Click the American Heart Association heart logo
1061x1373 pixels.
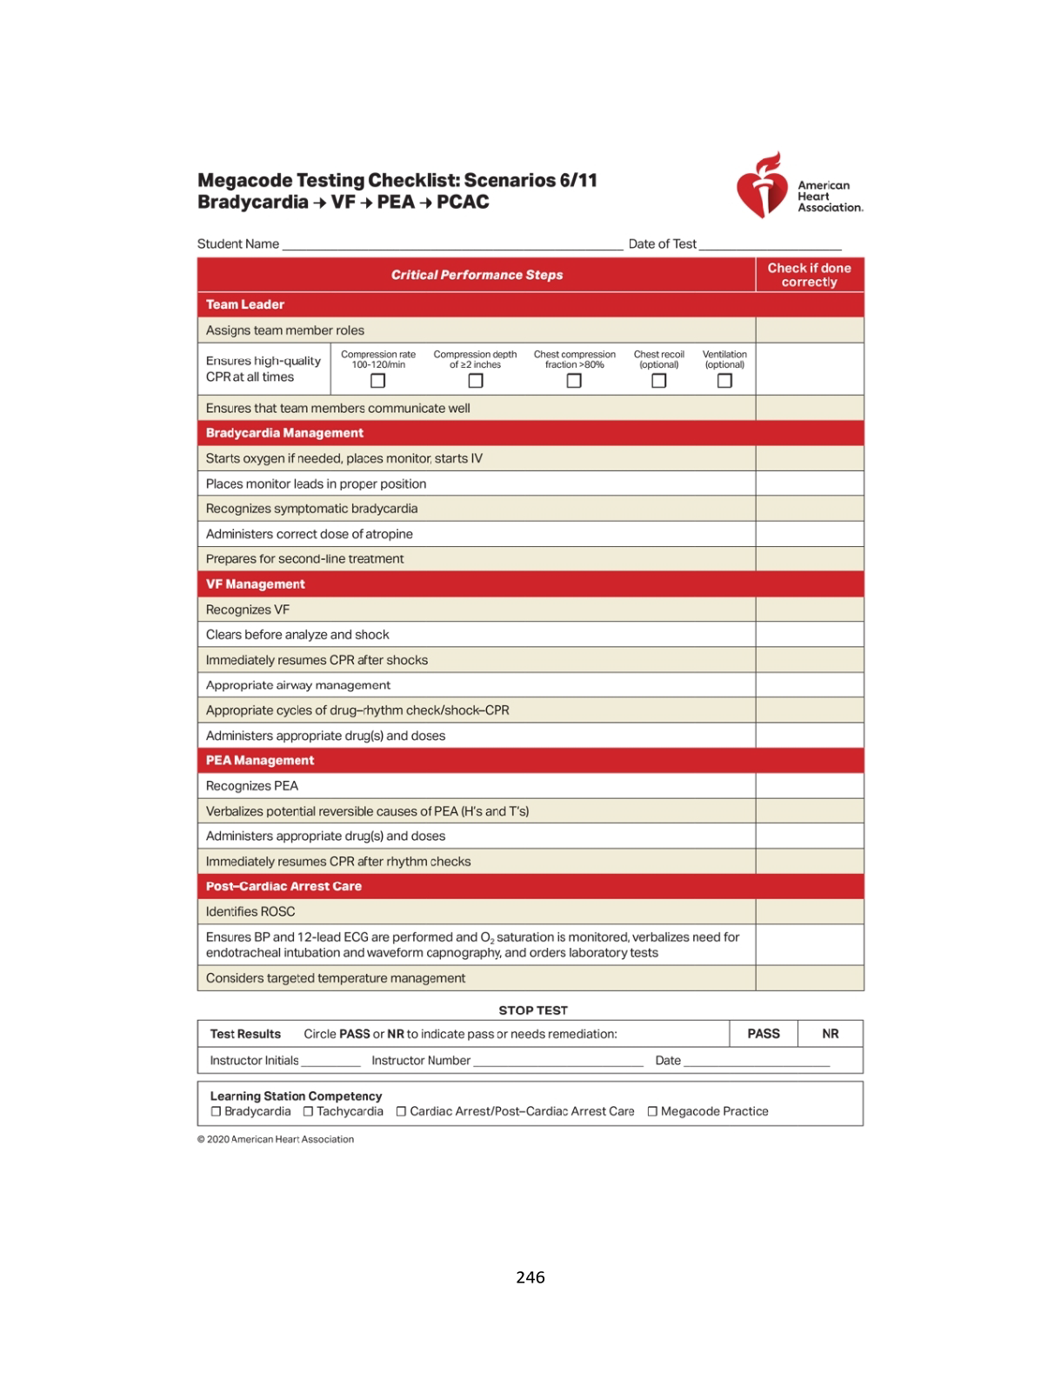[762, 186]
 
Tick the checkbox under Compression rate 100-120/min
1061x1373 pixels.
[377, 381]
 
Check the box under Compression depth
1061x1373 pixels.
[475, 381]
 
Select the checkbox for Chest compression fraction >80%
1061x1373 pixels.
[574, 381]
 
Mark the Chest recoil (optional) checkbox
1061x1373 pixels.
[658, 381]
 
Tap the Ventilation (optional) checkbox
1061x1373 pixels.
[724, 381]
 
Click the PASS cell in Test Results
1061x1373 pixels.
[764, 1034]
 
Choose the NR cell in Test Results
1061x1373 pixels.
[831, 1034]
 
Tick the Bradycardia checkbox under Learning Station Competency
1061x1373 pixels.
[216, 1111]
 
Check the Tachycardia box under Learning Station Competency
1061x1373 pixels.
[308, 1111]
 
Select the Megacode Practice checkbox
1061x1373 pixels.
[652, 1111]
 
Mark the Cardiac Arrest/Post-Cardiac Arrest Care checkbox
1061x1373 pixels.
[401, 1111]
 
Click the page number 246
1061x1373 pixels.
[530, 1277]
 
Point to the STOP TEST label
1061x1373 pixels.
[533, 1010]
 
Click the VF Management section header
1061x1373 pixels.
[256, 584]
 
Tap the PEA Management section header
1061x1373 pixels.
[260, 761]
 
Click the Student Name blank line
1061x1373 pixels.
[452, 246]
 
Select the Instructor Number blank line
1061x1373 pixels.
[557, 1063]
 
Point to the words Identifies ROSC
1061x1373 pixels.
[250, 911]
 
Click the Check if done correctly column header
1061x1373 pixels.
[809, 275]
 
